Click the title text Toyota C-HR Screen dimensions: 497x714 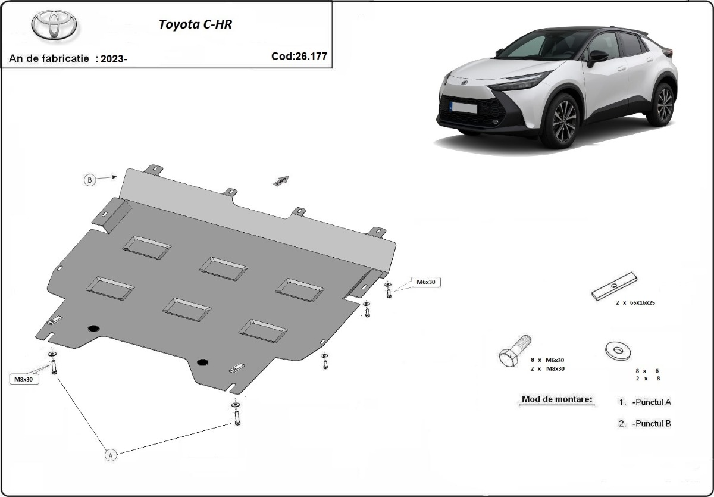(x=192, y=25)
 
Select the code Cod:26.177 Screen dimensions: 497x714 (x=299, y=57)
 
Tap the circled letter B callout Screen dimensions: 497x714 (x=90, y=180)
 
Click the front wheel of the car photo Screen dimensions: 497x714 (x=560, y=121)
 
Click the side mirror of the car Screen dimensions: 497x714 (x=597, y=57)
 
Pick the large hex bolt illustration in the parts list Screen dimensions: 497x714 (x=515, y=351)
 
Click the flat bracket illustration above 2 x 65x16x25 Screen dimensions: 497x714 (x=615, y=286)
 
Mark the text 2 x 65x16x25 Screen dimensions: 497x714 (x=635, y=302)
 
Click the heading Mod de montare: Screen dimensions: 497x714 (x=558, y=399)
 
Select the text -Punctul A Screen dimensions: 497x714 (x=652, y=402)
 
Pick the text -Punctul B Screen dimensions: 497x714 (x=652, y=423)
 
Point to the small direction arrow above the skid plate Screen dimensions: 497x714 (x=281, y=180)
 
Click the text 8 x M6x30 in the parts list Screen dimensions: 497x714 (x=547, y=360)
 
